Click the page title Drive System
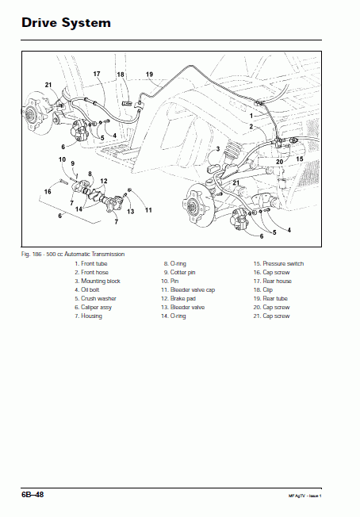click(x=67, y=23)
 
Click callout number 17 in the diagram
click(x=97, y=74)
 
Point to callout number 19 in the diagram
click(x=149, y=75)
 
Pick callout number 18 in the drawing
click(x=121, y=75)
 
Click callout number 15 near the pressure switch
click(x=299, y=159)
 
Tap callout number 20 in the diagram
click(x=279, y=161)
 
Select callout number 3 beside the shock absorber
click(x=216, y=149)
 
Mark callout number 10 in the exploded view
click(x=62, y=160)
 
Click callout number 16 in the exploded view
click(x=48, y=191)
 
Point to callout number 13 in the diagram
click(x=130, y=211)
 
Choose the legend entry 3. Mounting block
click(x=97, y=281)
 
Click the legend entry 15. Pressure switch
click(x=278, y=263)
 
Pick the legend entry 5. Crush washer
click(x=98, y=298)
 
